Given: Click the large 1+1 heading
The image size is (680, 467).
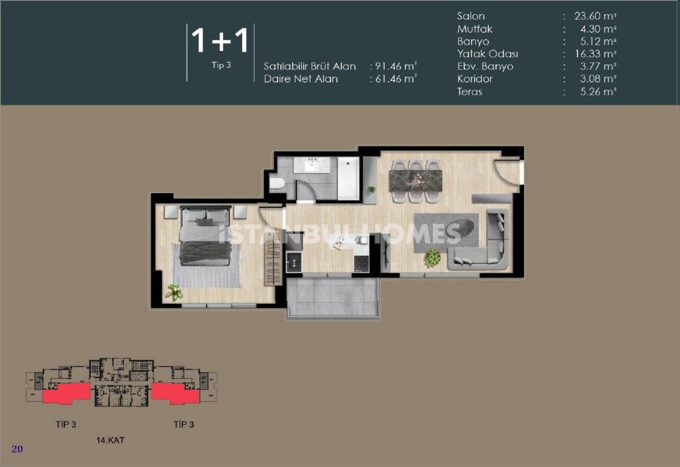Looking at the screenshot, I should tap(220, 41).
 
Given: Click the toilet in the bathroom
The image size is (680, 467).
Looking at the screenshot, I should tap(277, 184).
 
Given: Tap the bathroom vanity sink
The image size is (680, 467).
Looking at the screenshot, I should tap(312, 165).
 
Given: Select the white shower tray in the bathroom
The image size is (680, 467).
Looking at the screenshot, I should tap(348, 178).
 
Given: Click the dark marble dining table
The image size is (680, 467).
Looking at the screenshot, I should tap(416, 180).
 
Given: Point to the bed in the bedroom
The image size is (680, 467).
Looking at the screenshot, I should tap(205, 236).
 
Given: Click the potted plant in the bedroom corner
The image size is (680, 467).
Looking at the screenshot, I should tap(173, 292).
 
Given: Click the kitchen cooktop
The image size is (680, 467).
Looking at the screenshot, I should tap(361, 263).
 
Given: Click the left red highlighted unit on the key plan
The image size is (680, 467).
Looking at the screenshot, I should tap(66, 393).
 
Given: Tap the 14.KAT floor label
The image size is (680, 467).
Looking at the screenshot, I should tap(110, 440).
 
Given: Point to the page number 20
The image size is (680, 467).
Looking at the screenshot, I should tap(17, 449).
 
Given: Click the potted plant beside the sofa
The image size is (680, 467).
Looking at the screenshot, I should tap(432, 258).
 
